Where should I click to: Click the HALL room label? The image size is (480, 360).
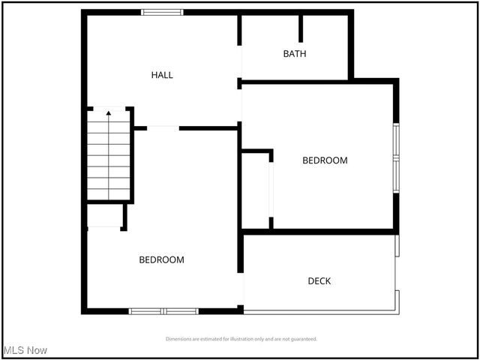pyautogui.click(x=162, y=75)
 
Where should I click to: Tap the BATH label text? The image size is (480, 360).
pyautogui.click(x=294, y=54)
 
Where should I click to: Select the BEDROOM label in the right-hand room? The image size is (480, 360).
pyautogui.click(x=325, y=160)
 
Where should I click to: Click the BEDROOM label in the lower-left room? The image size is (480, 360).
pyautogui.click(x=161, y=260)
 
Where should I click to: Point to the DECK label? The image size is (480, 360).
pyautogui.click(x=319, y=281)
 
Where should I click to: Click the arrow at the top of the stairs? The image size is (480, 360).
pyautogui.click(x=109, y=114)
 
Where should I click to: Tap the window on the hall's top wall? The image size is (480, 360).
pyautogui.click(x=163, y=12)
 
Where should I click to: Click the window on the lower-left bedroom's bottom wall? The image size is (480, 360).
pyautogui.click(x=163, y=310)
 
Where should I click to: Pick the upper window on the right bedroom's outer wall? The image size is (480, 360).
pyautogui.click(x=396, y=140)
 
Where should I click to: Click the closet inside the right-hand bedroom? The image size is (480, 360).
pyautogui.click(x=256, y=190)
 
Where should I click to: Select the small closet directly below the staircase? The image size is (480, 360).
pyautogui.click(x=104, y=216)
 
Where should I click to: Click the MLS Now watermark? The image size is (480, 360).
pyautogui.click(x=25, y=350)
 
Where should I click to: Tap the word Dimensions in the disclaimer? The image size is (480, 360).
pyautogui.click(x=181, y=339)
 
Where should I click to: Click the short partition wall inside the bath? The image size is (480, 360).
pyautogui.click(x=301, y=28)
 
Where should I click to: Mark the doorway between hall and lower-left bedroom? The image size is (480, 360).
pyautogui.click(x=163, y=128)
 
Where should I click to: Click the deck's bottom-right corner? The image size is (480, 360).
pyautogui.click(x=397, y=311)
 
